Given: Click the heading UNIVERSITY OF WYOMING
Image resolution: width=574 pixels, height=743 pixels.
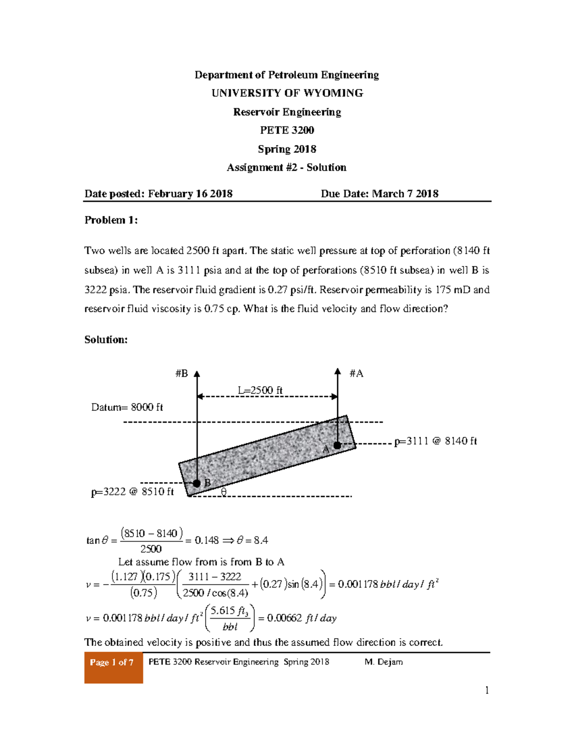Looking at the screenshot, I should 287,93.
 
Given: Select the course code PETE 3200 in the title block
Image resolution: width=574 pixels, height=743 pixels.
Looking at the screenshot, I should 287,130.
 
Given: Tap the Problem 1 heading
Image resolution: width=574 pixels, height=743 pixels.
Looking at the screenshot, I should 111,220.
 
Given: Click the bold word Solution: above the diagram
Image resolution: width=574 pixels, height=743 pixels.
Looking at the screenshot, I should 106,340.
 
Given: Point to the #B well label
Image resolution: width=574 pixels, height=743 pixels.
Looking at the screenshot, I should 182,374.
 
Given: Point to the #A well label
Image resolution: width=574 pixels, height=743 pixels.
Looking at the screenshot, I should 356,374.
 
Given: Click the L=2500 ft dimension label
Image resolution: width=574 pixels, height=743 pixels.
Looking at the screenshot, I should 260,390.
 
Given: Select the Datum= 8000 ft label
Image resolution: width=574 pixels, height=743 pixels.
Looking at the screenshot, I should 127,407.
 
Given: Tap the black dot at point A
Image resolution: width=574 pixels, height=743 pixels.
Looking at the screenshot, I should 337,445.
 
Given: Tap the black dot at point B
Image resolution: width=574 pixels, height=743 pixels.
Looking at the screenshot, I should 197,483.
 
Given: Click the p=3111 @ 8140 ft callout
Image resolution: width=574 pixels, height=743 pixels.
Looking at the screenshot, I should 435,441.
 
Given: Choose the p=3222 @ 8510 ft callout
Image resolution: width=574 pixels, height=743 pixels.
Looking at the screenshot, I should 132,492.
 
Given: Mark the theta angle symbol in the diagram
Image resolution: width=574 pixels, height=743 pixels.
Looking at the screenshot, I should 223,491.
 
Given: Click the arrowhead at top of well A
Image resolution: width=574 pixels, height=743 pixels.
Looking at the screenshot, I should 338,371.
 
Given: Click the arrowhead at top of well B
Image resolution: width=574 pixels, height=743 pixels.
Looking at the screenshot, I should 197,374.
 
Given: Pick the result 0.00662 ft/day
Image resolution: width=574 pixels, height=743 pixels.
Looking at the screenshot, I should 301,618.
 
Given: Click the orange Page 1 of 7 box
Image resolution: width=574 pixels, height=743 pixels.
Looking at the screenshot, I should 113,667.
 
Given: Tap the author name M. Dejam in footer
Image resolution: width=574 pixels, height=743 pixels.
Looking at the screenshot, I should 384,662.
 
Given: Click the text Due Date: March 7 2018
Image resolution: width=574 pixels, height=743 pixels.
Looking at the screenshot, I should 379,194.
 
